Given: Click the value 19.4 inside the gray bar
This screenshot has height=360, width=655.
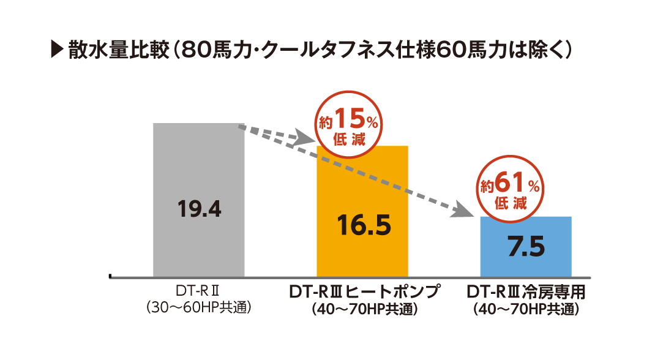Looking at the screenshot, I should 199,209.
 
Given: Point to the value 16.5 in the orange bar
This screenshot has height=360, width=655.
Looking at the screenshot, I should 363,225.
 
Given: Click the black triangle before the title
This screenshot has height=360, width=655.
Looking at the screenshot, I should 56,50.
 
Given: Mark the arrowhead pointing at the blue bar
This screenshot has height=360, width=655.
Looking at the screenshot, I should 465,212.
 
